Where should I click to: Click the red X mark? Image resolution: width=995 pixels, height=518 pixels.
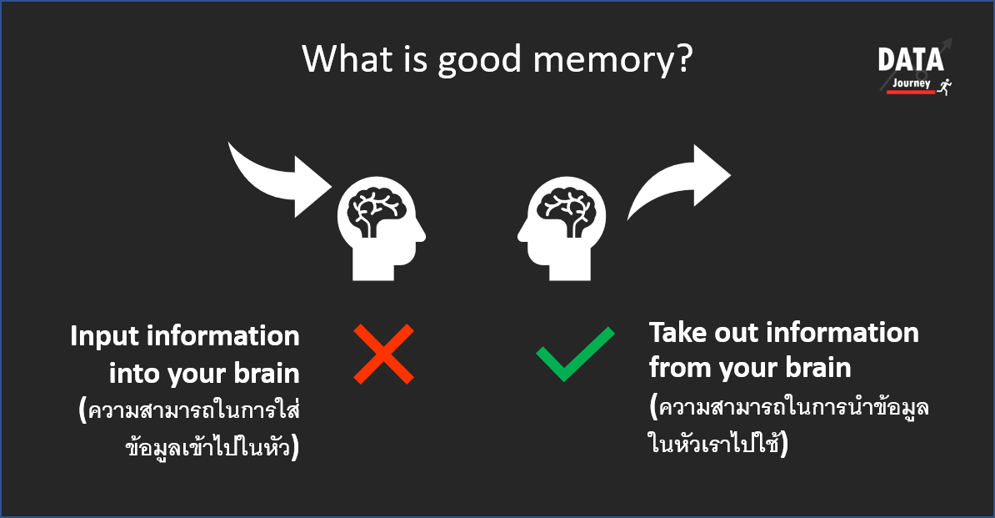point(384,355)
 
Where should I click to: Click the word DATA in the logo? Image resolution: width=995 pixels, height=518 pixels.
point(911,60)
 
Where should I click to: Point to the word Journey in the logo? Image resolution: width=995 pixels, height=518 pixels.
point(911,83)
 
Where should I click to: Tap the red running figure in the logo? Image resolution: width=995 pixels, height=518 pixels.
point(945,86)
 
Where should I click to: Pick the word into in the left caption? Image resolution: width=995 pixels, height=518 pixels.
point(132,373)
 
